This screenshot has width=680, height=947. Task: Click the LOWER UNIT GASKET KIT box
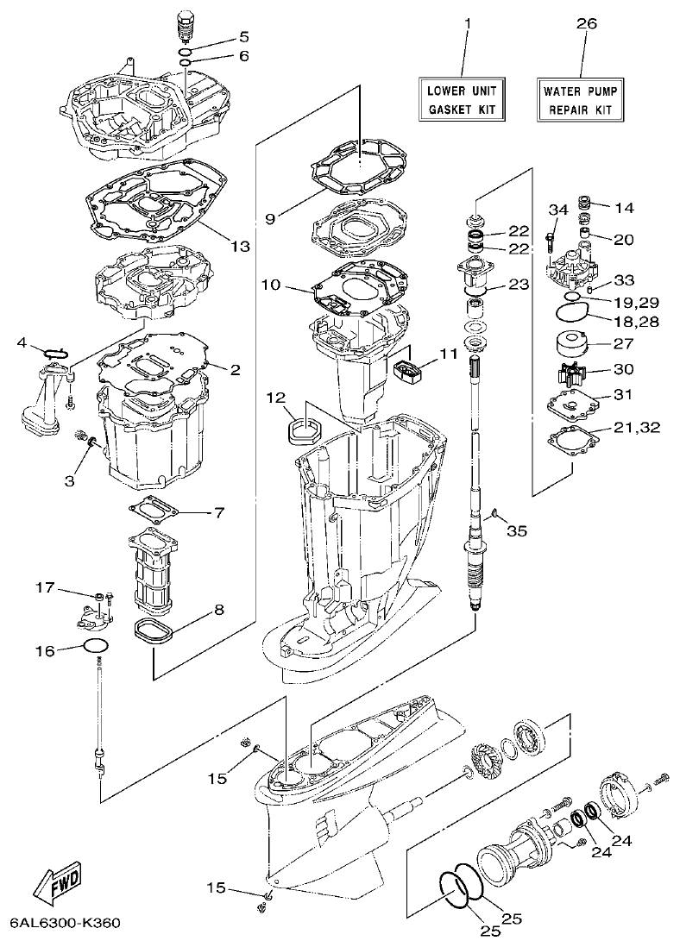click(x=462, y=100)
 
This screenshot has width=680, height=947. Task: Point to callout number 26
click(x=586, y=25)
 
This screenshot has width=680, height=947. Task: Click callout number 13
click(x=240, y=246)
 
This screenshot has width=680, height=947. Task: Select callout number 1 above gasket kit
click(x=467, y=25)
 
